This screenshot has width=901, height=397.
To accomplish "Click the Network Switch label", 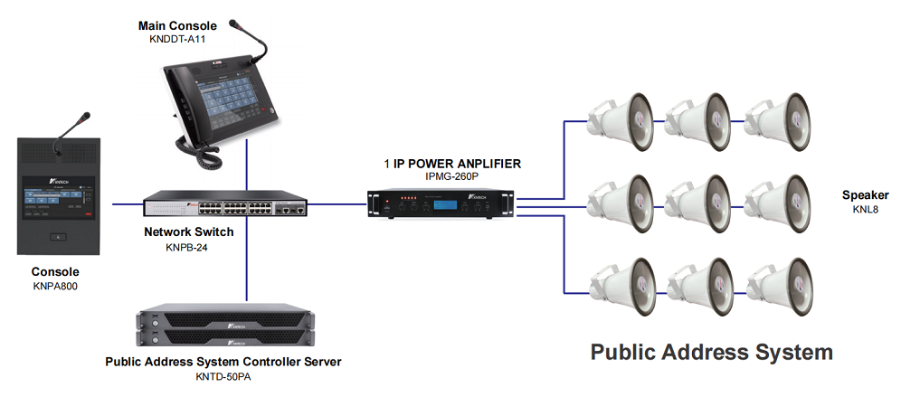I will pyautogui.click(x=189, y=232).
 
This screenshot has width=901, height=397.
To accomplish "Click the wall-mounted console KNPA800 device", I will pyautogui.click(x=56, y=194).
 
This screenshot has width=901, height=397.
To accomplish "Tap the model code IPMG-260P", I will pyautogui.click(x=451, y=177).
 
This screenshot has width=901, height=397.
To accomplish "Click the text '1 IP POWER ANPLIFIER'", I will pyautogui.click(x=451, y=164).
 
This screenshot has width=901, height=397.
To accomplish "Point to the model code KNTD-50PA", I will pyautogui.click(x=223, y=376).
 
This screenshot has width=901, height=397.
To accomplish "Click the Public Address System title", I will pyautogui.click(x=711, y=352).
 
